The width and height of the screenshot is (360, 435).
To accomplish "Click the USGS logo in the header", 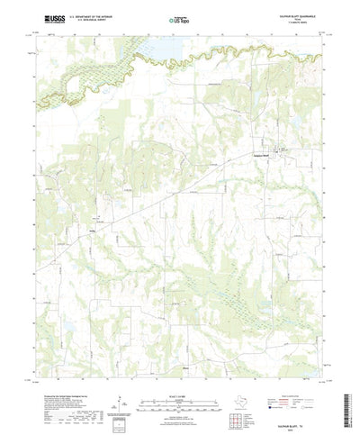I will [42, 18].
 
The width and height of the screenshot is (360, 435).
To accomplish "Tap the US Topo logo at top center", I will [179, 18].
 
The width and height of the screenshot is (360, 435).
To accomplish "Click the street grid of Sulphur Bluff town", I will [281, 150].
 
